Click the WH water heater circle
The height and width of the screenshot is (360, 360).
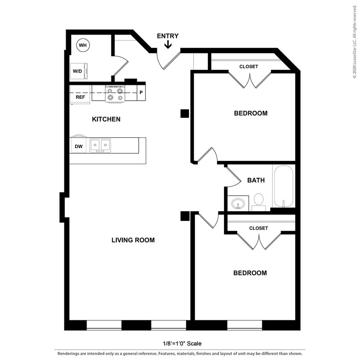(x=82, y=45)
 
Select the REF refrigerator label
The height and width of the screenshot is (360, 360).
(x=80, y=97)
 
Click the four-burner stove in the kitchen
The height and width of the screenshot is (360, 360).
(x=114, y=94)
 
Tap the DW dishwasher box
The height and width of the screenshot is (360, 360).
(x=78, y=146)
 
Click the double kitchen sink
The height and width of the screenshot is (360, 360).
(x=100, y=145)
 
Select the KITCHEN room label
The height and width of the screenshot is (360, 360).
(x=106, y=119)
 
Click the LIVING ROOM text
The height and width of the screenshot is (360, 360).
(x=133, y=240)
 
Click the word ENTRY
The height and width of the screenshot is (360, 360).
(x=168, y=36)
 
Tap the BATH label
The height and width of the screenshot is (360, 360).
(x=256, y=180)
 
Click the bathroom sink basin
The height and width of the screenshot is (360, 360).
(x=238, y=203)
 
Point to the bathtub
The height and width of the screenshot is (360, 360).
(x=283, y=186)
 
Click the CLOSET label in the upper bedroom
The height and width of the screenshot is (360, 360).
(x=248, y=67)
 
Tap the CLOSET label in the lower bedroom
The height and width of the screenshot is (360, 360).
(x=258, y=228)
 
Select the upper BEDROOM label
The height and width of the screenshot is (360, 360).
(x=251, y=113)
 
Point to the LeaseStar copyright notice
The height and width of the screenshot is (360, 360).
(x=354, y=41)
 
